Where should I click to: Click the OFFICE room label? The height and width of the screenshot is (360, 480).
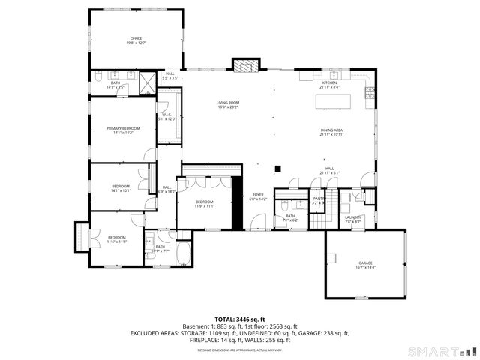point(136,40)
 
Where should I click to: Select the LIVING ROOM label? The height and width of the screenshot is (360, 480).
point(227,105)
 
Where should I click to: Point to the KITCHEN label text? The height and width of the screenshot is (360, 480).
point(329,85)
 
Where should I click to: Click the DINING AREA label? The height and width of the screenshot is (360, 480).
point(331,132)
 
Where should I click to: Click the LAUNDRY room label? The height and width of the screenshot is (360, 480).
point(352,220)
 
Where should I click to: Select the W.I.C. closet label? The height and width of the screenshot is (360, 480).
point(167,117)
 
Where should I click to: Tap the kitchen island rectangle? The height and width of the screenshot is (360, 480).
point(335,100)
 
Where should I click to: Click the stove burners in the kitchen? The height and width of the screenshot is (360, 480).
point(369,92)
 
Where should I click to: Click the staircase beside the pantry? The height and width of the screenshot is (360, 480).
point(321,217)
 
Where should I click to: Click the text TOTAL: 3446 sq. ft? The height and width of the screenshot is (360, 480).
point(240,319)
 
